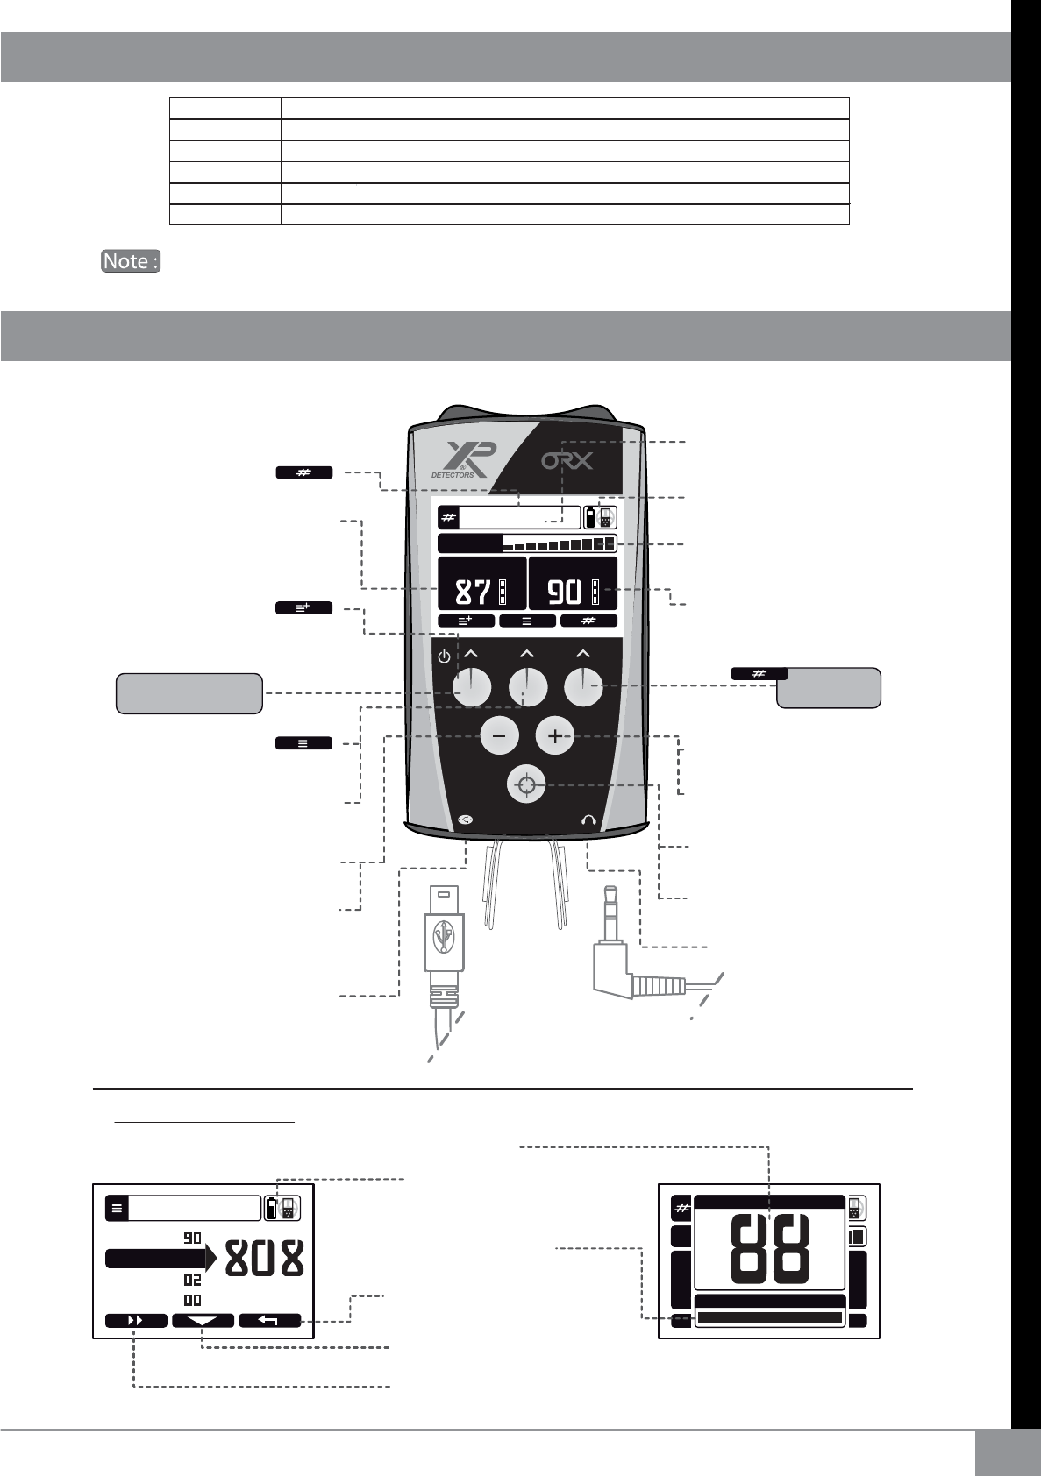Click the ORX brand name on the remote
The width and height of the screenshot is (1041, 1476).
coord(567,459)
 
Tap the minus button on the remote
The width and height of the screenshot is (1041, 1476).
coord(499,737)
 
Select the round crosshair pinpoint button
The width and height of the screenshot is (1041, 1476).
coord(526,785)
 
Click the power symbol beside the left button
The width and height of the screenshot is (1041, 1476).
coord(444,656)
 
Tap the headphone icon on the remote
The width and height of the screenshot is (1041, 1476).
coord(588,820)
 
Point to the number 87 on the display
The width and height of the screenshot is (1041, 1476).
coord(473,593)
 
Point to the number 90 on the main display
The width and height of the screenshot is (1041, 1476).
coord(565,593)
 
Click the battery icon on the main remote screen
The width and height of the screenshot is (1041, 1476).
coord(593,517)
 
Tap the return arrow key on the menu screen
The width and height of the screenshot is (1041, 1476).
coord(269,1321)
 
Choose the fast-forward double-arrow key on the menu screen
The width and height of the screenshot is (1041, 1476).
coord(136,1321)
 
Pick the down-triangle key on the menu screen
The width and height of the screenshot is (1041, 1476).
coord(203,1321)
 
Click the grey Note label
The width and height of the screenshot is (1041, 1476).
coord(131,261)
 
